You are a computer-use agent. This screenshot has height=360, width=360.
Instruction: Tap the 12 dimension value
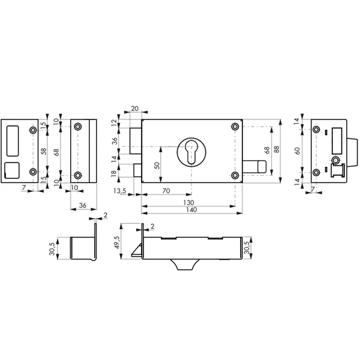116,123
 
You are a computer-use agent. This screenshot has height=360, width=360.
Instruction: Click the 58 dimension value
43,151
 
